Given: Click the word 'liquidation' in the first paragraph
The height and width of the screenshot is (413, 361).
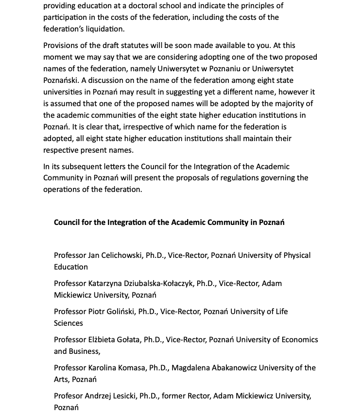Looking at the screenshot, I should (104, 29).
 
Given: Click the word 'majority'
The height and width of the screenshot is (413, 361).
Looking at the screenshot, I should (298, 104).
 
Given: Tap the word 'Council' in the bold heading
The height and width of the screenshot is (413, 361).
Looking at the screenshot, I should (68, 222).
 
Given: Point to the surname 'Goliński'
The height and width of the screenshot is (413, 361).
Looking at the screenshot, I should (118, 312).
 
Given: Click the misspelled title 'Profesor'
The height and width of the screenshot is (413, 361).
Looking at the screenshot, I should (69, 396).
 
